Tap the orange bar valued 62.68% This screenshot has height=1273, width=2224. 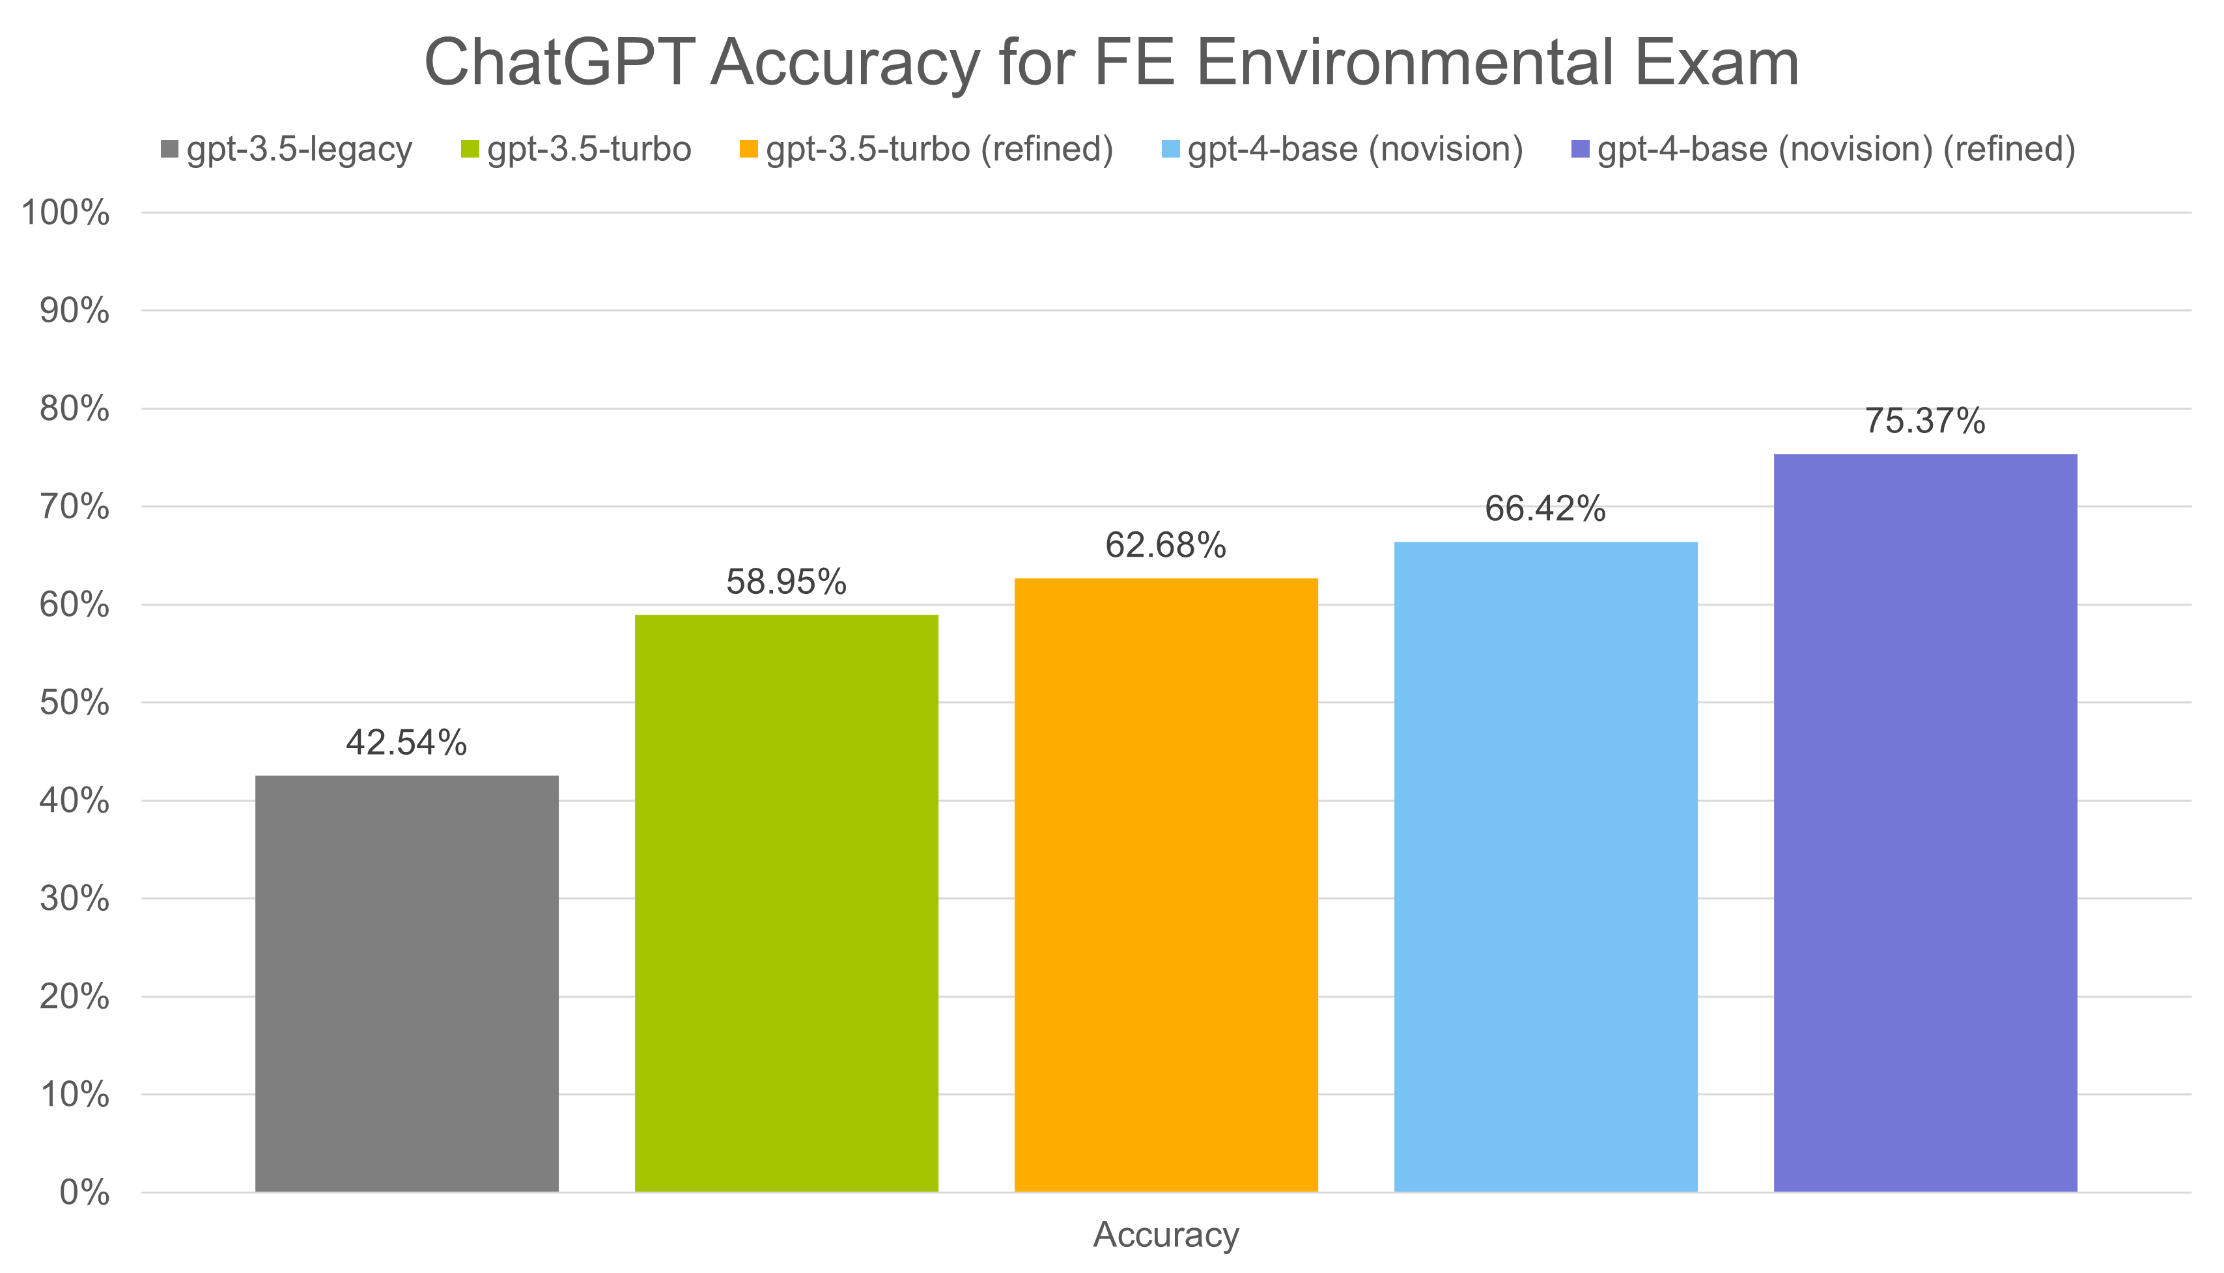click(x=1166, y=884)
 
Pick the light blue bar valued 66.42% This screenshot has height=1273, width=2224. click(x=1545, y=865)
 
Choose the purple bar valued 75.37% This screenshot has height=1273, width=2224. click(x=1925, y=822)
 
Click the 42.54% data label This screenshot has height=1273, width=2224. click(x=406, y=743)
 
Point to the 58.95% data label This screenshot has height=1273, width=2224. click(x=786, y=582)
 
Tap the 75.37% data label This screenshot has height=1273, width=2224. click(x=1925, y=421)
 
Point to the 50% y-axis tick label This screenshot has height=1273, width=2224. click(x=74, y=703)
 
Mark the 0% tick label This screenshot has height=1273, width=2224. click(x=84, y=1192)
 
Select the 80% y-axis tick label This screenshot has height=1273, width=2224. click(x=74, y=409)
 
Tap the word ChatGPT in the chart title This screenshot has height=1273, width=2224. click(x=559, y=63)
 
